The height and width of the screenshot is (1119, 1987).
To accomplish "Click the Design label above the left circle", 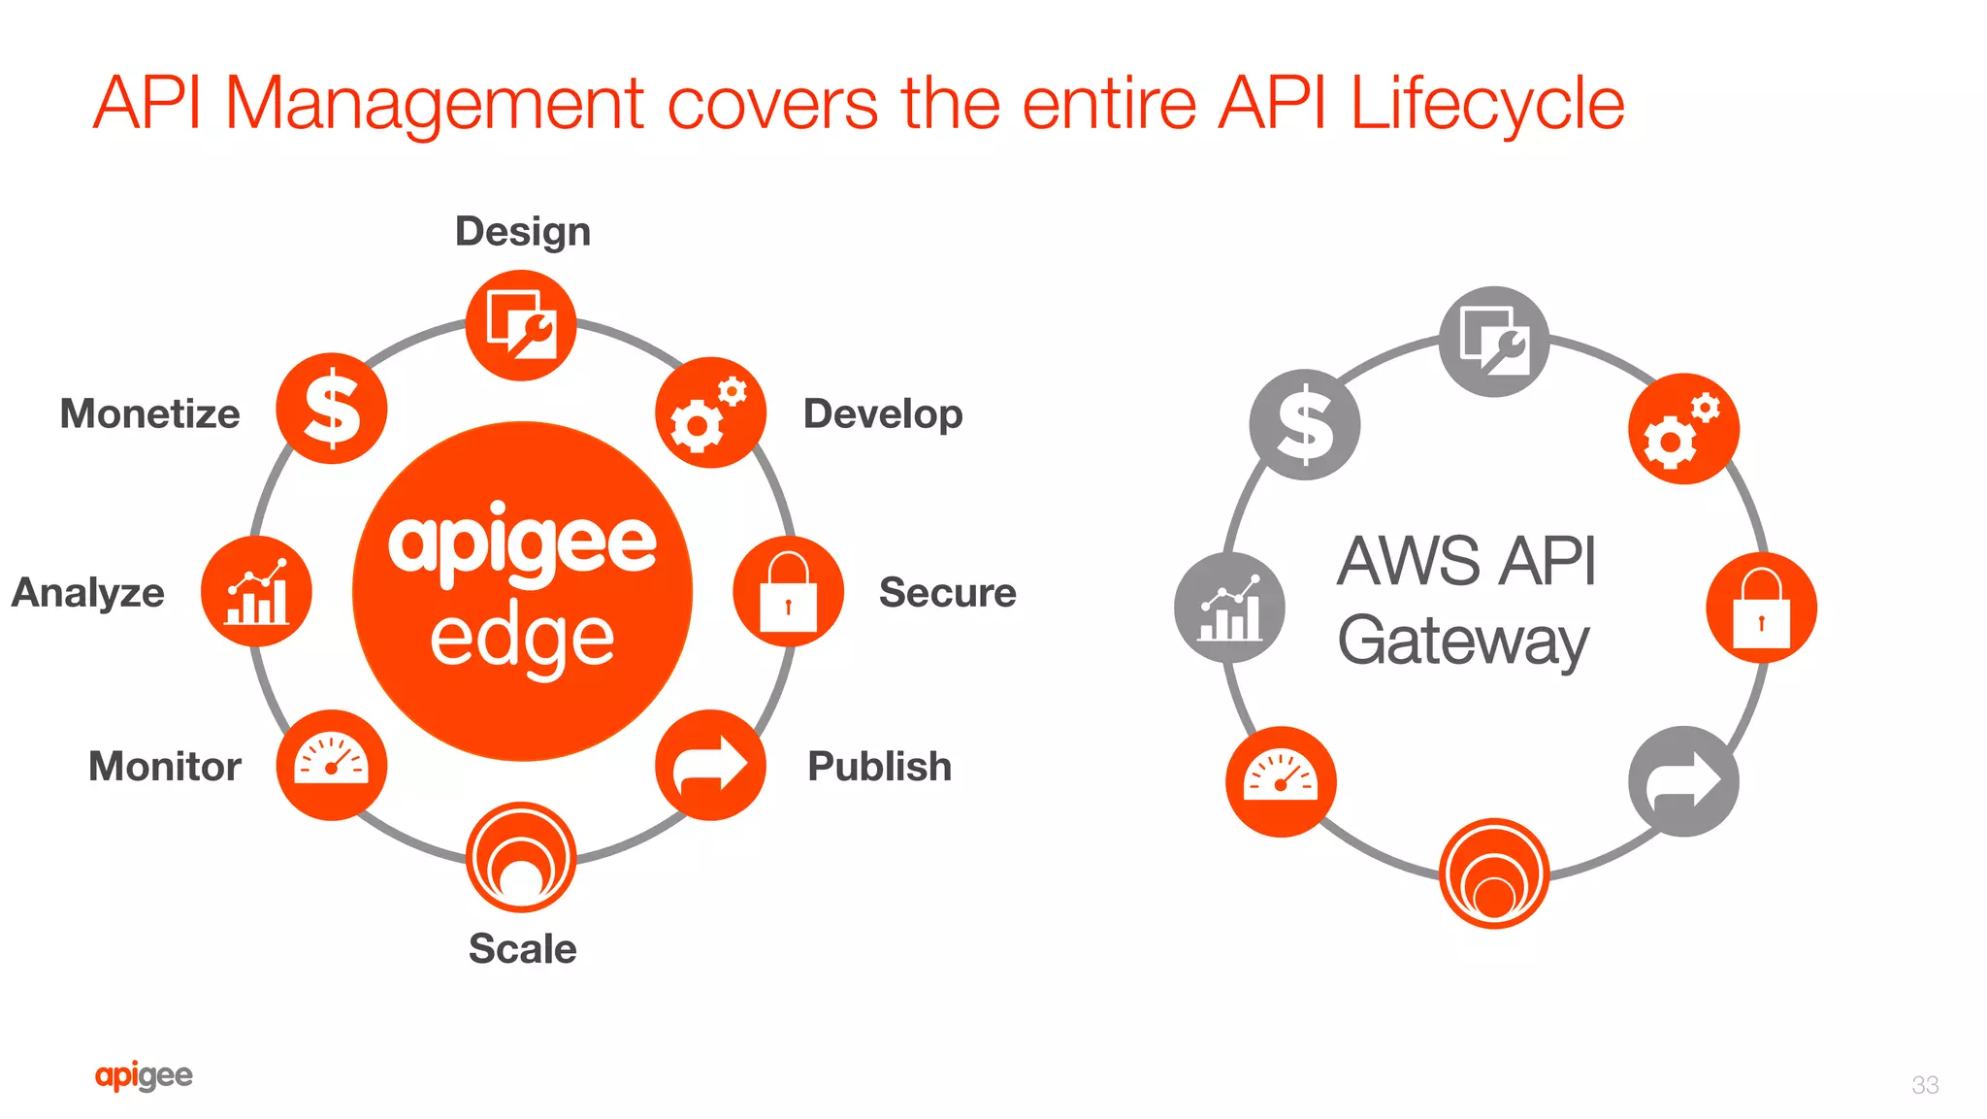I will coord(523,232).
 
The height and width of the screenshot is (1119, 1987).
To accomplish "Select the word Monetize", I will coord(150,414).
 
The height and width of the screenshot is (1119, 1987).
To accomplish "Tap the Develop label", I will coord(883,414).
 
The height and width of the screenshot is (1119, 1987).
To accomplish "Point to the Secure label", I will coord(947,593).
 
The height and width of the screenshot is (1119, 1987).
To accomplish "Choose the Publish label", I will coord(879,767).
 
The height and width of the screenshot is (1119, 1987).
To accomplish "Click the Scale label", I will coord(522,949).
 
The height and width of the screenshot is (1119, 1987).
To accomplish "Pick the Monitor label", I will coord(165,767).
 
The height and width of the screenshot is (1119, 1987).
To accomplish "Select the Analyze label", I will coord(88,593).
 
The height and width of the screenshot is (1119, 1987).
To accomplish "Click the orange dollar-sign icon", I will coord(332,409).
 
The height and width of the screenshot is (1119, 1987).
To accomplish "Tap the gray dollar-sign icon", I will coord(1305,425).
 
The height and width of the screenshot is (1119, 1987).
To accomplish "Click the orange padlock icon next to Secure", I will coord(788,592).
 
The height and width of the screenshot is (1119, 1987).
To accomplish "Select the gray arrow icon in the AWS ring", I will coord(1683,781).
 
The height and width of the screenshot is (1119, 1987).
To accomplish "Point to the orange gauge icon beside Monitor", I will coord(332,765).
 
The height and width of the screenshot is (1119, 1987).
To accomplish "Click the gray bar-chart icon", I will coord(1229,608).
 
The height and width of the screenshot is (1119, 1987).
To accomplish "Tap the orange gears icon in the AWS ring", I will coord(1683,429).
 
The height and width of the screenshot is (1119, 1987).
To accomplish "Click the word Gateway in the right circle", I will coord(1463,642).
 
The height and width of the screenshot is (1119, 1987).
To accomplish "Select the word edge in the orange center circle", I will coord(522,640).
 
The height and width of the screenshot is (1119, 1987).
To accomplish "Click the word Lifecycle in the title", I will coord(1486,104).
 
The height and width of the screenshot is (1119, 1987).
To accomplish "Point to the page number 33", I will coord(1925,1085).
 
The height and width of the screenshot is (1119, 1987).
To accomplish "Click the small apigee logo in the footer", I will coord(144,1075).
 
